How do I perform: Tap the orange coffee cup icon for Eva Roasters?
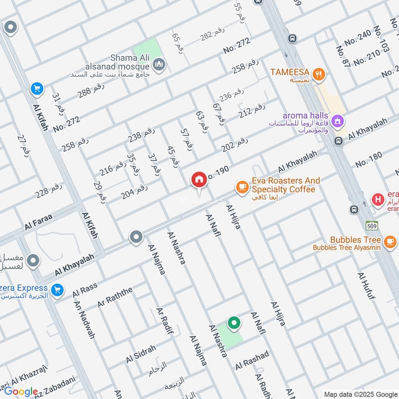click(x=242, y=187)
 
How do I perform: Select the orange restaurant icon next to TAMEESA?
click(x=319, y=75)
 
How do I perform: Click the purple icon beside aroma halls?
click(x=338, y=121)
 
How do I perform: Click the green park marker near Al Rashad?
click(x=233, y=323)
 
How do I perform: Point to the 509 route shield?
click(x=371, y=225)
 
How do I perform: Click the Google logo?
click(x=21, y=392)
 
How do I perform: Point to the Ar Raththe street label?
click(x=115, y=297)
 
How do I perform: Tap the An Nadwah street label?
click(x=84, y=320)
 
